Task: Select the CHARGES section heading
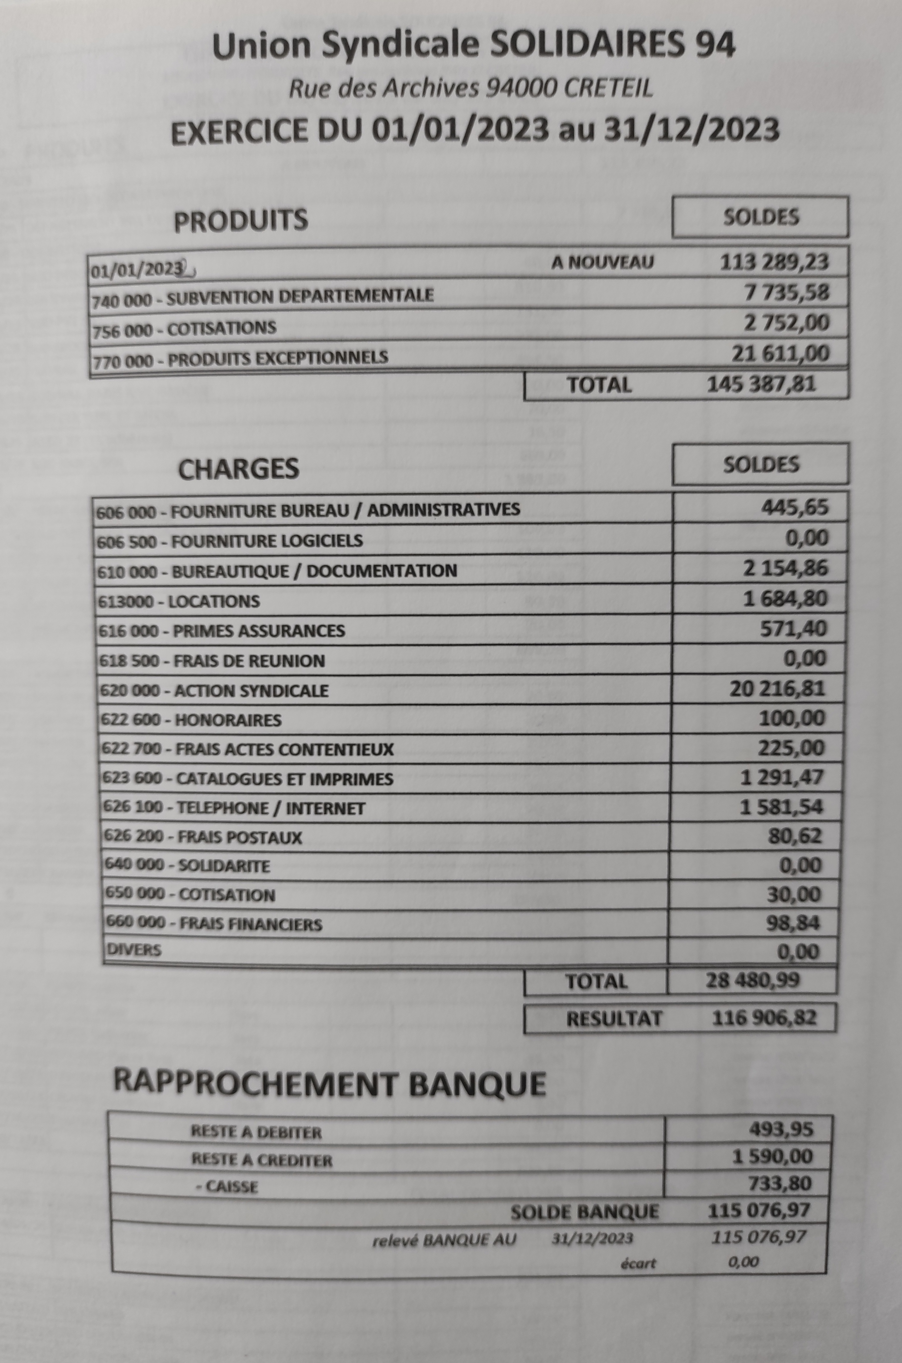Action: (x=239, y=469)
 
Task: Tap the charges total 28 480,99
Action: (x=752, y=980)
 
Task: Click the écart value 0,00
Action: (x=743, y=1262)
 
